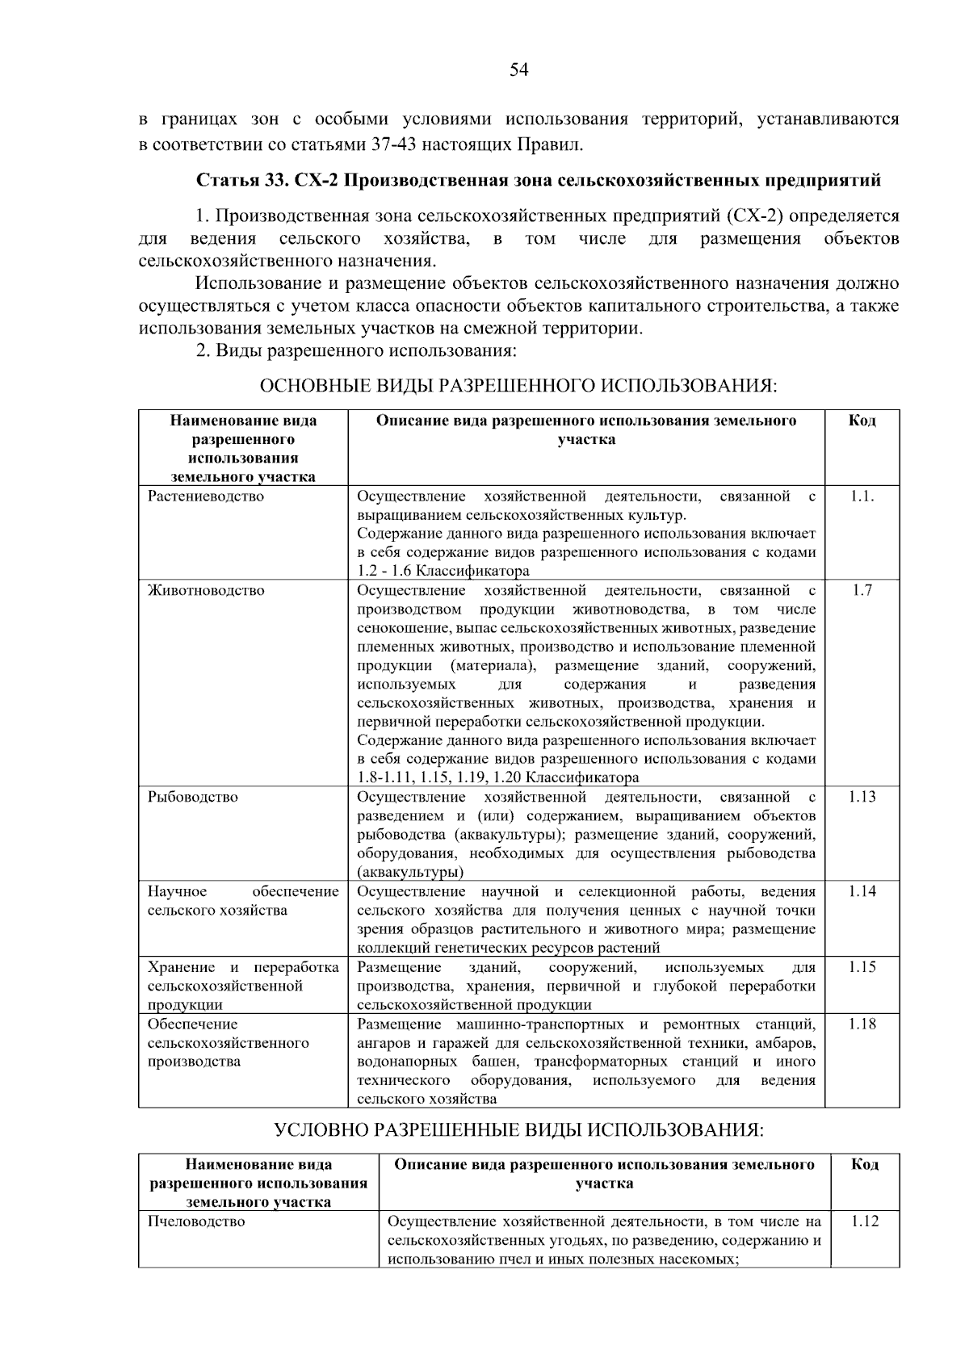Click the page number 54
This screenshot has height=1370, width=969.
click(x=518, y=70)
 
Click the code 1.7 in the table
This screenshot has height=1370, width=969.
click(x=862, y=590)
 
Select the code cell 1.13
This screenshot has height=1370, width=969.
click(x=862, y=797)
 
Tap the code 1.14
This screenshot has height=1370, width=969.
click(x=862, y=891)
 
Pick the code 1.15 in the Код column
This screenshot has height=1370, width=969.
click(x=862, y=967)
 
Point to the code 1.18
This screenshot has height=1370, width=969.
click(x=862, y=1024)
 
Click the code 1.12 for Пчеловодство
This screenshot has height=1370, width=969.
click(x=865, y=1221)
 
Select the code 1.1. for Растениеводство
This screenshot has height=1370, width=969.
click(x=862, y=496)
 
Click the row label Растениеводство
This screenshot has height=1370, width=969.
click(x=206, y=496)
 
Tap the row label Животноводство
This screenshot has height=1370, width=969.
click(x=206, y=590)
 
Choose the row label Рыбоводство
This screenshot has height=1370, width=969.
click(x=192, y=797)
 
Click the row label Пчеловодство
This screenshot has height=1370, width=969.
click(x=196, y=1221)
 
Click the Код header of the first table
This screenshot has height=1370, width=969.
click(x=862, y=421)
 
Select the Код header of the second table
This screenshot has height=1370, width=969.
click(x=865, y=1164)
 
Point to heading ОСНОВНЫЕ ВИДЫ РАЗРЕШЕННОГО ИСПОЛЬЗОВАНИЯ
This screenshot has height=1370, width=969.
click(x=518, y=386)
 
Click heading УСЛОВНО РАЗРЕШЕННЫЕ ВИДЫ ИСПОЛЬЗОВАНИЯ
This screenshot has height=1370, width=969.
click(x=518, y=1129)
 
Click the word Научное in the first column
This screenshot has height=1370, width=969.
click(x=177, y=891)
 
